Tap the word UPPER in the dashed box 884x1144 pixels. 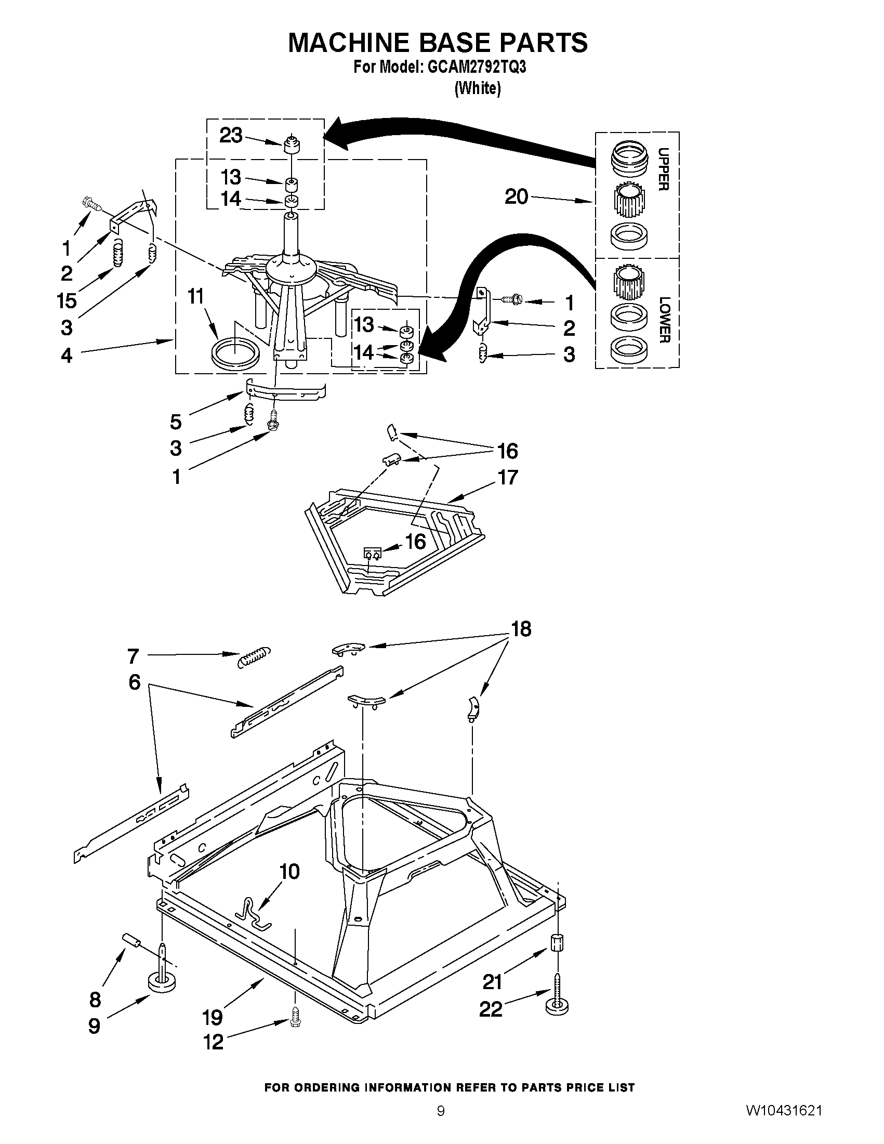click(663, 169)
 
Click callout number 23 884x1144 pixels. click(230, 136)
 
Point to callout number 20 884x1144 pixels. click(516, 197)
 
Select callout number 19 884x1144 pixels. click(213, 1017)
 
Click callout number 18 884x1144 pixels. click(521, 628)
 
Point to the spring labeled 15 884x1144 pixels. click(118, 252)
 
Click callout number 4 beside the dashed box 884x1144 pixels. click(66, 355)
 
